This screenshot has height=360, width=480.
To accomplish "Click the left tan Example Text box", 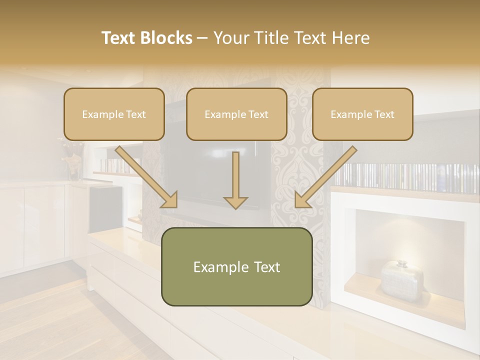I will point(114,114).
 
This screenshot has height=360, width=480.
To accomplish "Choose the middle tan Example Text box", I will point(236,114).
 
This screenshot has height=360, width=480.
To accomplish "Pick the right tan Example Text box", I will point(362,114).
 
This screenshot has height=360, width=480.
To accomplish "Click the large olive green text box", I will point(236,267).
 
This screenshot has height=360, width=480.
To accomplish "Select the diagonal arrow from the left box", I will point(147,178).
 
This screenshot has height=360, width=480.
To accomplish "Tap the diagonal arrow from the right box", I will point(325,178).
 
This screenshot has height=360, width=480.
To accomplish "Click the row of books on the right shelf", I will point(405,177).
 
